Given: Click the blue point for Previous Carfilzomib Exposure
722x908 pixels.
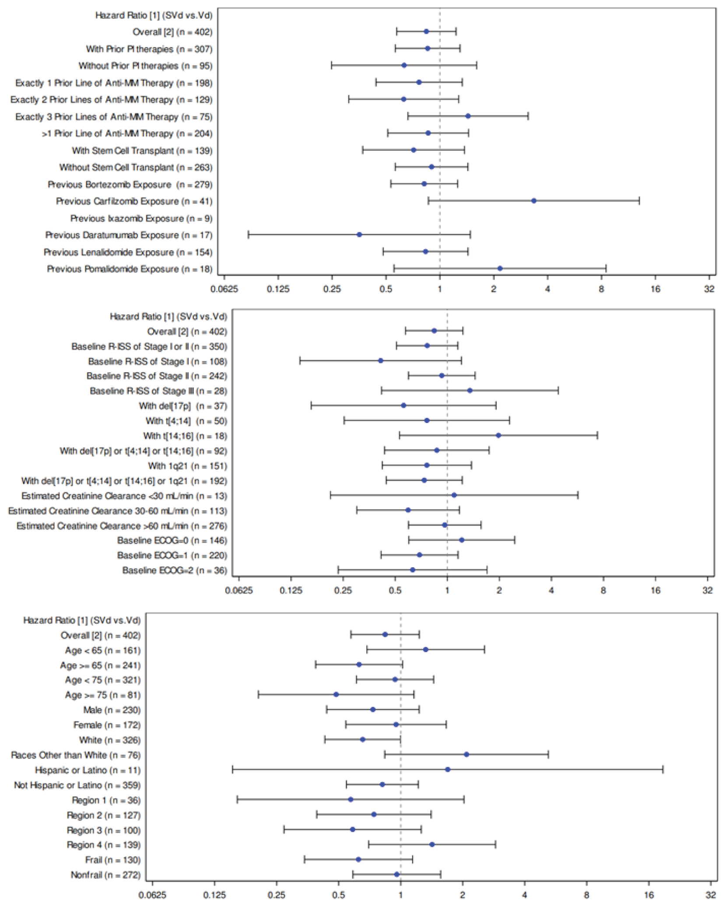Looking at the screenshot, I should pos(533,201).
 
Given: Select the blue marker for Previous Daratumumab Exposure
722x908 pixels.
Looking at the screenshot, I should pos(359,235).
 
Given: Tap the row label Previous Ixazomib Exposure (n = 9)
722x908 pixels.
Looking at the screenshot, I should pos(141,218).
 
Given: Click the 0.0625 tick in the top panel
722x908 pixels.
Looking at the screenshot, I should pos(224,289).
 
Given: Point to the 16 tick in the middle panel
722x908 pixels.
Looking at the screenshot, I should pos(655,590).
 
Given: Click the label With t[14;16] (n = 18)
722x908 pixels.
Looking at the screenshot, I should pos(185,436).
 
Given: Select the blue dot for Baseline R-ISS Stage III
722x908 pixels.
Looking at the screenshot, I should pos(470,391).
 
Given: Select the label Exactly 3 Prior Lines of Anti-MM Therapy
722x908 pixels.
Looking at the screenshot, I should pos(114,117).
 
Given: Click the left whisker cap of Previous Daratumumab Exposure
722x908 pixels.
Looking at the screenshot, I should pos(249,235).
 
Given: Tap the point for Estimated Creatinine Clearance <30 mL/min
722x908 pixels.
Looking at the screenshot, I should pos(454,495).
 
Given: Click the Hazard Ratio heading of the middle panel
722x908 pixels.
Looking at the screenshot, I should pos(168,316).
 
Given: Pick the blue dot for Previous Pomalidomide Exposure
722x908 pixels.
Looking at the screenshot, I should pos(500,269).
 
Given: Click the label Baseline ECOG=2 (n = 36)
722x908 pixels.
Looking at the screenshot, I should pos(175,570).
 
